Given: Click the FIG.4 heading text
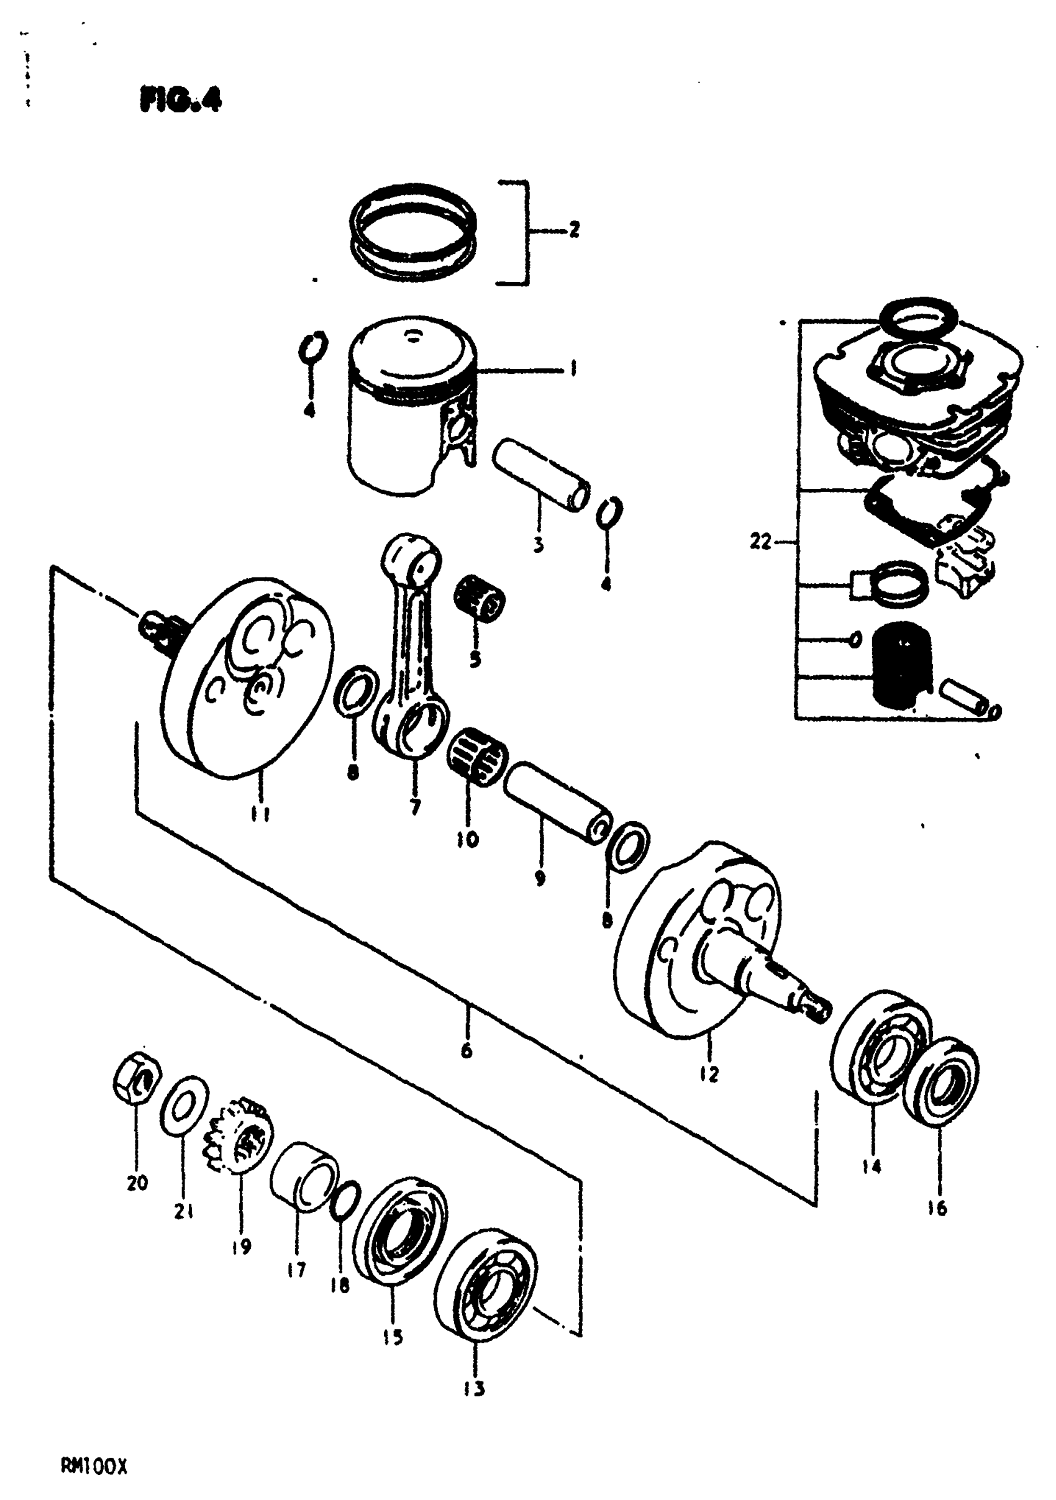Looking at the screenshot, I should [180, 100].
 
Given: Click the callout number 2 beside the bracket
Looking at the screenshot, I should [574, 230].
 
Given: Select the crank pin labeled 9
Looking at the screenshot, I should [558, 802].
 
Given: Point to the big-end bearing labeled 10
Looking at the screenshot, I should [476, 756].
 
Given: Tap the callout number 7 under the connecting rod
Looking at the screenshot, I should [416, 807].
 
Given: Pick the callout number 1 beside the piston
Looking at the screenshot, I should [573, 369].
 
